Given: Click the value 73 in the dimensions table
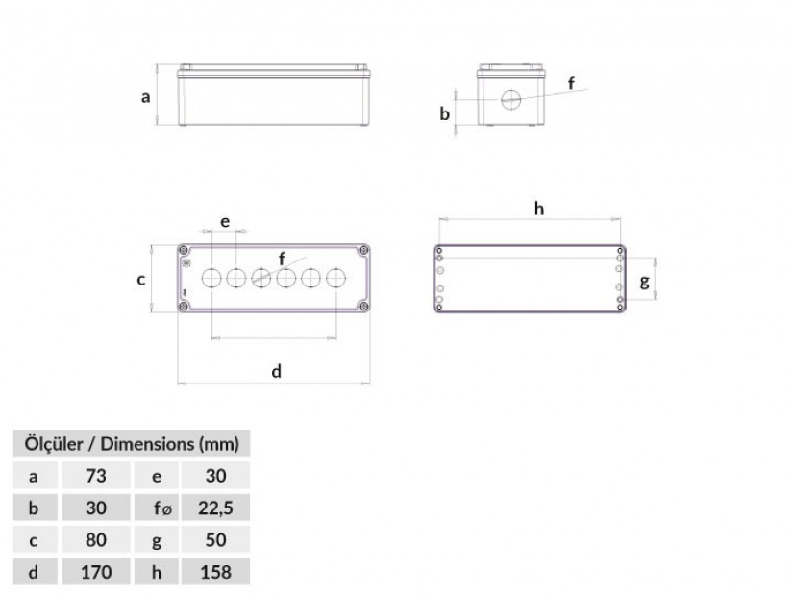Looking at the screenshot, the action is point(95,476).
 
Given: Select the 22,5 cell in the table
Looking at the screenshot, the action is point(215,508).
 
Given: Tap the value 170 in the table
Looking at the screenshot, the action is point(95,572).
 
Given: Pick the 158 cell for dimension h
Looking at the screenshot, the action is point(215,572).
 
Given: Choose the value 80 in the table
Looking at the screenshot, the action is point(95,540).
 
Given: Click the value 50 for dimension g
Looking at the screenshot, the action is point(215,540).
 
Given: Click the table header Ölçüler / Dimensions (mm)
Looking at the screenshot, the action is point(132,444).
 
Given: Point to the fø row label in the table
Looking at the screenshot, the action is point(162,508).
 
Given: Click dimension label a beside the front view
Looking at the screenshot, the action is point(146,97).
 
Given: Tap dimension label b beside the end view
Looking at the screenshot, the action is point(444,113).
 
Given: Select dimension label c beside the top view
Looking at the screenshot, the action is point(141,280).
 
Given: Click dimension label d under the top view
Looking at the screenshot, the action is point(276,371).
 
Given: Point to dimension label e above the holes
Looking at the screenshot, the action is point(225,222).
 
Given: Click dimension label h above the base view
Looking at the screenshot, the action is point(539,208).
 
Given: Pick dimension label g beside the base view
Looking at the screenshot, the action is point(644,282).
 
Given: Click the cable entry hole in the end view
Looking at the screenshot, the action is point(510,100).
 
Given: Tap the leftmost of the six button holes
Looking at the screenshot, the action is point(211,278).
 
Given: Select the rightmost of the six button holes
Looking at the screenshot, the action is point(335,278).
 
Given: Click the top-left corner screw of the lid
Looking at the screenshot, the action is point(185,251).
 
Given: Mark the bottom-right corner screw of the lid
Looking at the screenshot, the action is point(363,306).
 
